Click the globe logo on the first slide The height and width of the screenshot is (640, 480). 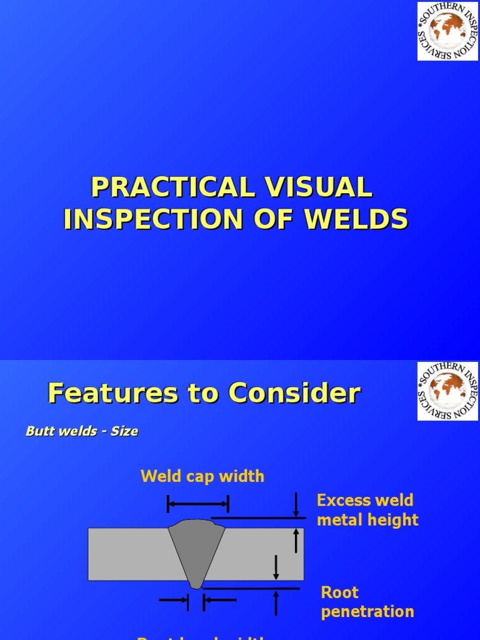(447, 31)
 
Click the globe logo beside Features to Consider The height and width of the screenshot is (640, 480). (447, 391)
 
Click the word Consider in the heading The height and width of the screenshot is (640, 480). (294, 394)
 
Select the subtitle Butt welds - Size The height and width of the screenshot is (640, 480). (82, 431)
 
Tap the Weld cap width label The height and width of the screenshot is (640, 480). (202, 477)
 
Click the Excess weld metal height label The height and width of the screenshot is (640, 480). (367, 510)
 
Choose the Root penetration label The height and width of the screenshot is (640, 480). (367, 602)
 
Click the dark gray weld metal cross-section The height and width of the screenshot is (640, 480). (197, 550)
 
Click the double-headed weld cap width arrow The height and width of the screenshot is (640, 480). (197, 503)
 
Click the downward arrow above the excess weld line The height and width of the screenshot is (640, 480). (296, 505)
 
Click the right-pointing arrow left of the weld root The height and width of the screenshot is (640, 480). (174, 600)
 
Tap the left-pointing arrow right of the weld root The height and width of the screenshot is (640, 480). (220, 600)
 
